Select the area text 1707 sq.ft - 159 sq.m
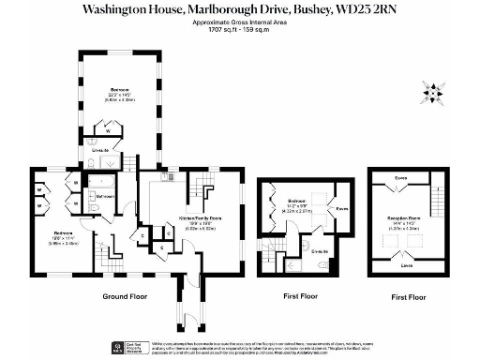(239, 30)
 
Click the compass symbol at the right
(432, 92)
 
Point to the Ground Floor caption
(127, 297)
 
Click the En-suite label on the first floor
(320, 251)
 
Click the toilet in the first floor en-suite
(324, 265)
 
